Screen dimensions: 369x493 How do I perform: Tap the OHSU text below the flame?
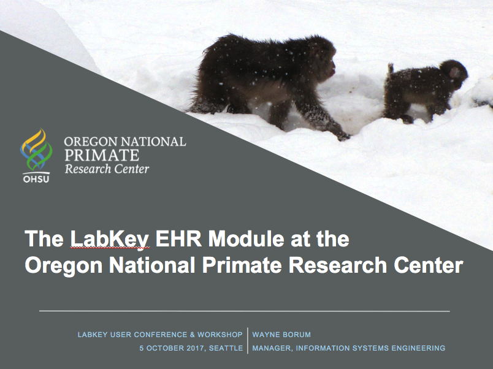pyautogui.click(x=36, y=180)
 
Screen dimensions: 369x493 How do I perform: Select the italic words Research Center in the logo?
pyautogui.click(x=107, y=168)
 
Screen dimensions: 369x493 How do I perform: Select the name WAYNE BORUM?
pyautogui.click(x=281, y=335)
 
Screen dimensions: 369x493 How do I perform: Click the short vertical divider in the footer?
pyautogui.click(x=248, y=341)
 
